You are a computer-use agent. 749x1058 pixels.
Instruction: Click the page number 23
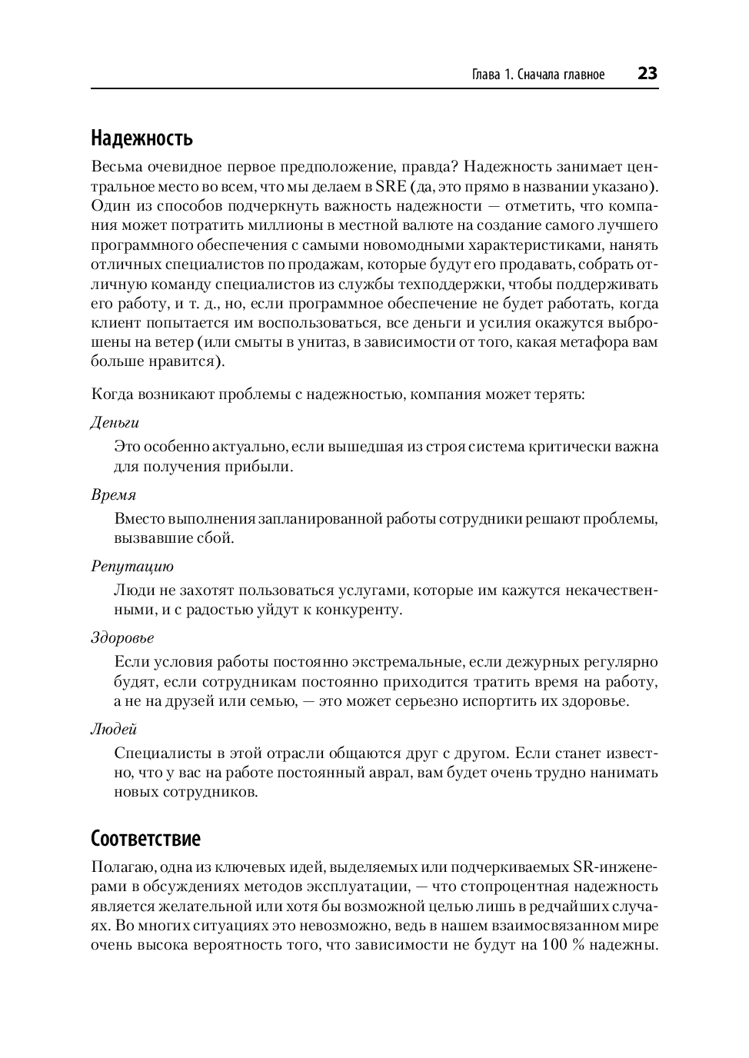[x=647, y=74]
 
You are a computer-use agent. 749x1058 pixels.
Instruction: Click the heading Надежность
[x=141, y=138]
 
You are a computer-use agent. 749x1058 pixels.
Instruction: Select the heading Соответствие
[x=145, y=838]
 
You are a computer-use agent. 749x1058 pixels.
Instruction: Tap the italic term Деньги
[x=115, y=423]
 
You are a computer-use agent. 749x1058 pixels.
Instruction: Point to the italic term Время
[x=113, y=494]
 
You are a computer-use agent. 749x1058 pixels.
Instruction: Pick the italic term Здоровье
[x=122, y=637]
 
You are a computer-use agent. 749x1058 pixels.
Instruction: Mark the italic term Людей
[x=114, y=729]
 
